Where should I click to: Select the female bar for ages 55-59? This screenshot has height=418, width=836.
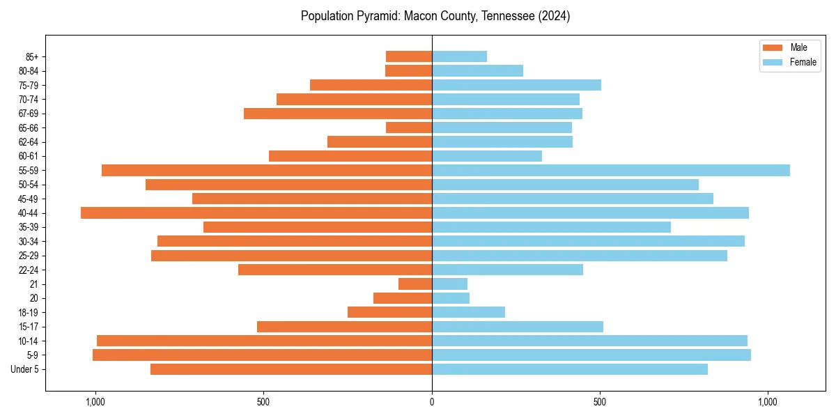611,170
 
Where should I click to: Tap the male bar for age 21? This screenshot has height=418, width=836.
415,284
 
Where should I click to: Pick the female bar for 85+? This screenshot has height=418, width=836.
459,56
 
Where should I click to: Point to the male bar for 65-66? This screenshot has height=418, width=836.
409,127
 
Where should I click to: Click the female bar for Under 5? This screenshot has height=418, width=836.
570,369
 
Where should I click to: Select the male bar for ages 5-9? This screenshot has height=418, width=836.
262,355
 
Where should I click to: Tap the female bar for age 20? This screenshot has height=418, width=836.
451,298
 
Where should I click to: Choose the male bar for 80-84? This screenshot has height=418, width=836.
408,70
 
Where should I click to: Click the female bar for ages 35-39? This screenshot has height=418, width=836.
551,227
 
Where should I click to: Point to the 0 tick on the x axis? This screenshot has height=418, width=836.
432,402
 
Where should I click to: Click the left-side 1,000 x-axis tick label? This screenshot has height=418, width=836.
95,402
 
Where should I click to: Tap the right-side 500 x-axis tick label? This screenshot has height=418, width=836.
600,402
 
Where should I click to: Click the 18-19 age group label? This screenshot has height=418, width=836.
27,313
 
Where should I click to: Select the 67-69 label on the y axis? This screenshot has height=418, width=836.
27,114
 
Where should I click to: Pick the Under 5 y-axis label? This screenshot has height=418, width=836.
24,369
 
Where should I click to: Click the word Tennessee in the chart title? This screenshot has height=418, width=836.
507,16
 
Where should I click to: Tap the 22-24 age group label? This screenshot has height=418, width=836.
27,270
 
